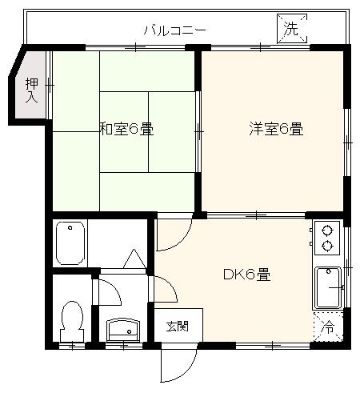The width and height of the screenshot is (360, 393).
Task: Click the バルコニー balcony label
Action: pyautogui.click(x=175, y=30)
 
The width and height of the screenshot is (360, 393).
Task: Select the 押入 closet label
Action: pyautogui.click(x=31, y=90)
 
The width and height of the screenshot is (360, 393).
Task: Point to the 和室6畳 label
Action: pyautogui.click(x=126, y=128)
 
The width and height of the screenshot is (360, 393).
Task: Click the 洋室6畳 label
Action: pyautogui.click(x=275, y=128)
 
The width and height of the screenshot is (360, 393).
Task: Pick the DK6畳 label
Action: pyautogui.click(x=246, y=275)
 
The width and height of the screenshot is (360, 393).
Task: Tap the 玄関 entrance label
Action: pyautogui.click(x=177, y=326)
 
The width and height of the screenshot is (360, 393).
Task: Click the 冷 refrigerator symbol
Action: pyautogui.click(x=328, y=326)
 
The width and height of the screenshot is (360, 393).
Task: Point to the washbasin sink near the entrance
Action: pyautogui.click(x=123, y=328)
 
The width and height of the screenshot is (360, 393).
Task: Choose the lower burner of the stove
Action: pyautogui.click(x=326, y=244)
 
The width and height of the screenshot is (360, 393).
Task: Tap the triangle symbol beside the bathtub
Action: pyautogui.click(x=133, y=259)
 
